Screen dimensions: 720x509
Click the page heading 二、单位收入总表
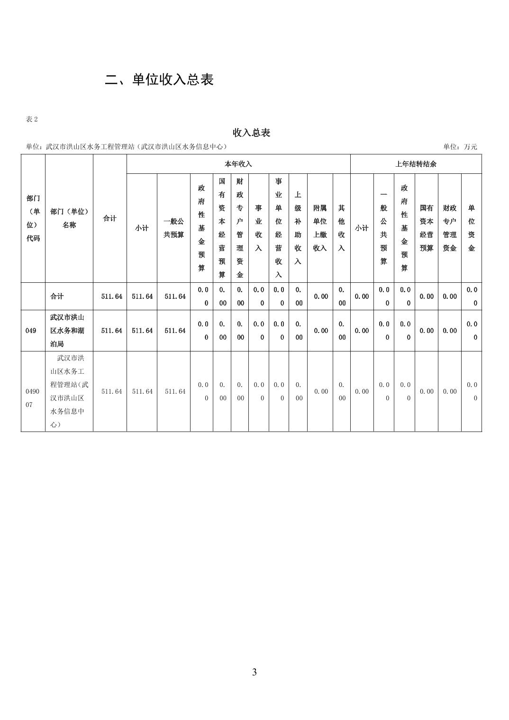point(159,80)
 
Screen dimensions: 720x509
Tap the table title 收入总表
point(251,133)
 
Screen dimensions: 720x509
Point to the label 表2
point(32,119)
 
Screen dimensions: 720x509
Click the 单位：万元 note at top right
point(460,147)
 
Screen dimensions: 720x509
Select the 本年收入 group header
point(238,164)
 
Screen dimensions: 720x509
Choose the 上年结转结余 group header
point(416,164)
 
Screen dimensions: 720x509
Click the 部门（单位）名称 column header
point(69,218)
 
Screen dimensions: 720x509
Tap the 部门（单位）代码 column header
point(33,218)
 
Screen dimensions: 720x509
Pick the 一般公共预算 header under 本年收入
point(173,228)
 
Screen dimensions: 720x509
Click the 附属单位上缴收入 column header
point(320,228)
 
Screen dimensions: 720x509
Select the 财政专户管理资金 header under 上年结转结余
point(449,228)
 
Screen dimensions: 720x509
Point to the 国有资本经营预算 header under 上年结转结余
point(427,228)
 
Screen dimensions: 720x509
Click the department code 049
point(31,331)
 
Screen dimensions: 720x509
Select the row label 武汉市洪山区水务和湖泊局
point(67,331)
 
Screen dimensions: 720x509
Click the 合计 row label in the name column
point(57,297)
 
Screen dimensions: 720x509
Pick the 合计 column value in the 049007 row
point(111,391)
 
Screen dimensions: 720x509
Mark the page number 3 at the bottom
point(255,672)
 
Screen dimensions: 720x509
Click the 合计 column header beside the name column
point(110,218)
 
